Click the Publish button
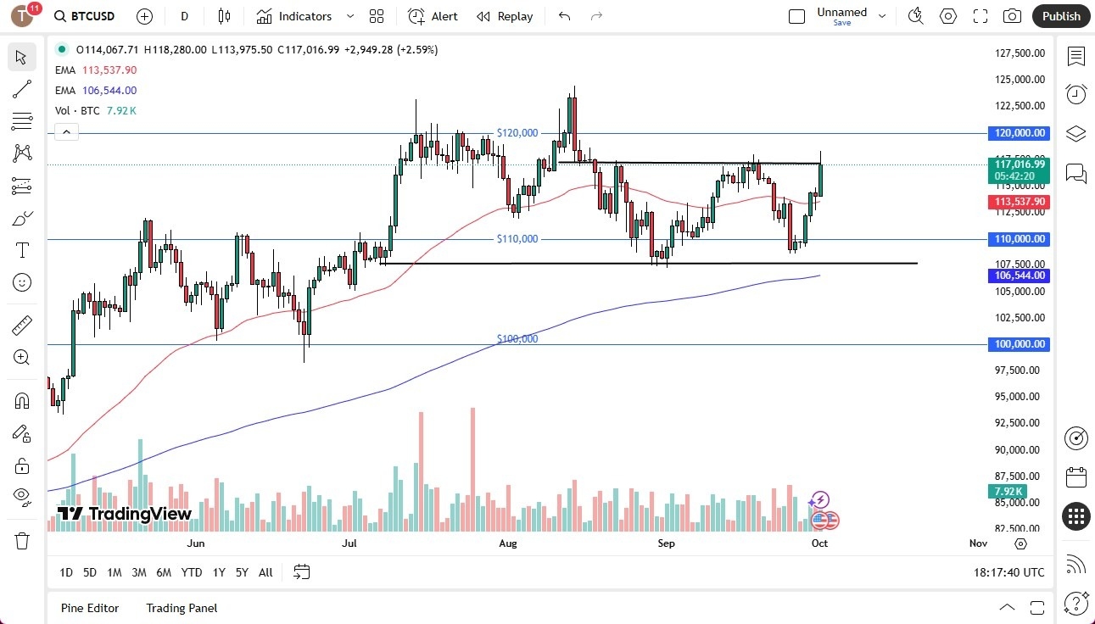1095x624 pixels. pyautogui.click(x=1061, y=16)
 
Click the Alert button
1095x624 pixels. pyautogui.click(x=433, y=16)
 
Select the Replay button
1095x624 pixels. pyautogui.click(x=505, y=16)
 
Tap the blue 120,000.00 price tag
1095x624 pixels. pyautogui.click(x=1019, y=133)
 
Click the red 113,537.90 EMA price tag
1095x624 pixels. pyautogui.click(x=1019, y=202)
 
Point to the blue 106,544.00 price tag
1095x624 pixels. pyautogui.click(x=1019, y=276)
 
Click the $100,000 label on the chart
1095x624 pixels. pyautogui.click(x=517, y=338)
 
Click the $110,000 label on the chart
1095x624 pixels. pyautogui.click(x=517, y=239)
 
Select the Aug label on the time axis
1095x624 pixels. pyautogui.click(x=508, y=543)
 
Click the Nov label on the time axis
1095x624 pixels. pyautogui.click(x=977, y=543)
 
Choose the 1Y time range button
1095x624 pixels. pyautogui.click(x=219, y=572)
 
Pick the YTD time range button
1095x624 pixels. pyautogui.click(x=192, y=572)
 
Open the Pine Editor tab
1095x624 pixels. pyautogui.click(x=90, y=608)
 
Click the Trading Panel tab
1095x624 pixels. pyautogui.click(x=182, y=608)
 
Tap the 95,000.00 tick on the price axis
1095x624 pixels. pyautogui.click(x=1019, y=396)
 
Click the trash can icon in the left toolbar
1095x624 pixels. pyautogui.click(x=22, y=541)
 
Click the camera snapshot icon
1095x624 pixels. pyautogui.click(x=1012, y=16)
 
